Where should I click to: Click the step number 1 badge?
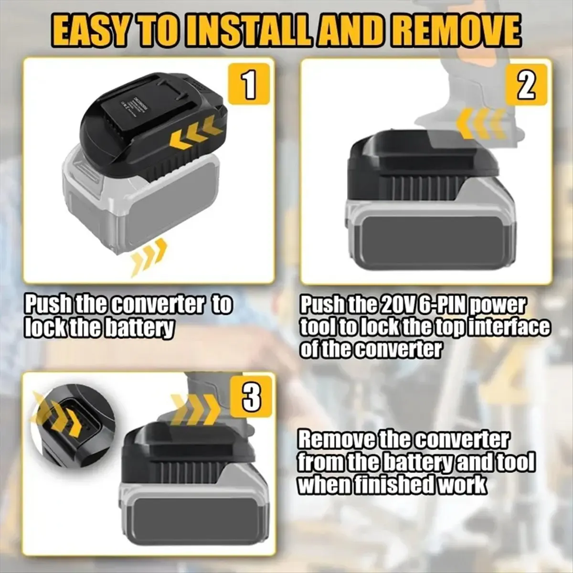pyautogui.click(x=249, y=84)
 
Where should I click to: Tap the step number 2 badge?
pyautogui.click(x=526, y=84)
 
